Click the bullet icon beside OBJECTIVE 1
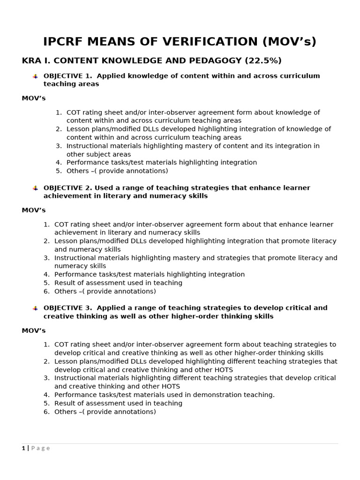[x=35, y=76]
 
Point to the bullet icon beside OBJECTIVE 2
[x=35, y=188]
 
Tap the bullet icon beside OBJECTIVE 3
[x=35, y=308]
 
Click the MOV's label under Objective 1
[x=33, y=98]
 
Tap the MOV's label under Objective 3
[x=33, y=330]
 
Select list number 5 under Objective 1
[x=59, y=171]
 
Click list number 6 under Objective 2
[x=46, y=292]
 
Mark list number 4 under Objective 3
[x=46, y=395]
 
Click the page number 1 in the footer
[x=23, y=448]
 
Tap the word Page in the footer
[x=40, y=448]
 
